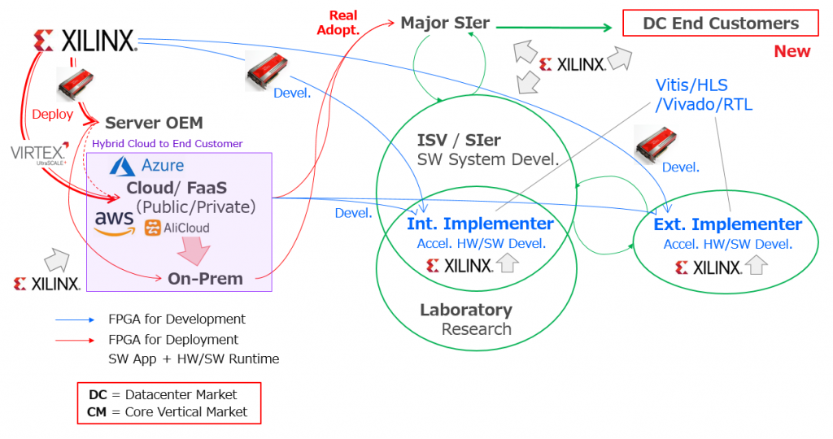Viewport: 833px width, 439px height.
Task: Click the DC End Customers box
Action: (x=721, y=24)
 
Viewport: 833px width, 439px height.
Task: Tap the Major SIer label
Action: (x=445, y=23)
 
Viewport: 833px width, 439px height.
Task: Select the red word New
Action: (x=792, y=51)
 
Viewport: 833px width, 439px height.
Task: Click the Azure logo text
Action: (x=162, y=166)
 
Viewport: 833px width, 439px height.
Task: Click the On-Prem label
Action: (x=205, y=279)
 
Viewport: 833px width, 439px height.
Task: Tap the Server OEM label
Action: (x=154, y=124)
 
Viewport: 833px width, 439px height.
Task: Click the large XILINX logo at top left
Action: (x=85, y=41)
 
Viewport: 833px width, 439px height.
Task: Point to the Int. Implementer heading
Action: (x=480, y=224)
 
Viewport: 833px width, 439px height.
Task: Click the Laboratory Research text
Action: (x=467, y=319)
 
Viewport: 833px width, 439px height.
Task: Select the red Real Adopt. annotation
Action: (x=344, y=23)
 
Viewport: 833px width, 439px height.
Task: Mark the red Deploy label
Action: (x=52, y=115)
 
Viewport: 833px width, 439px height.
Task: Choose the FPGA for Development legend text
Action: (x=177, y=319)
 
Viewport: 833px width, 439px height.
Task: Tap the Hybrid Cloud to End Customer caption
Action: (x=167, y=144)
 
